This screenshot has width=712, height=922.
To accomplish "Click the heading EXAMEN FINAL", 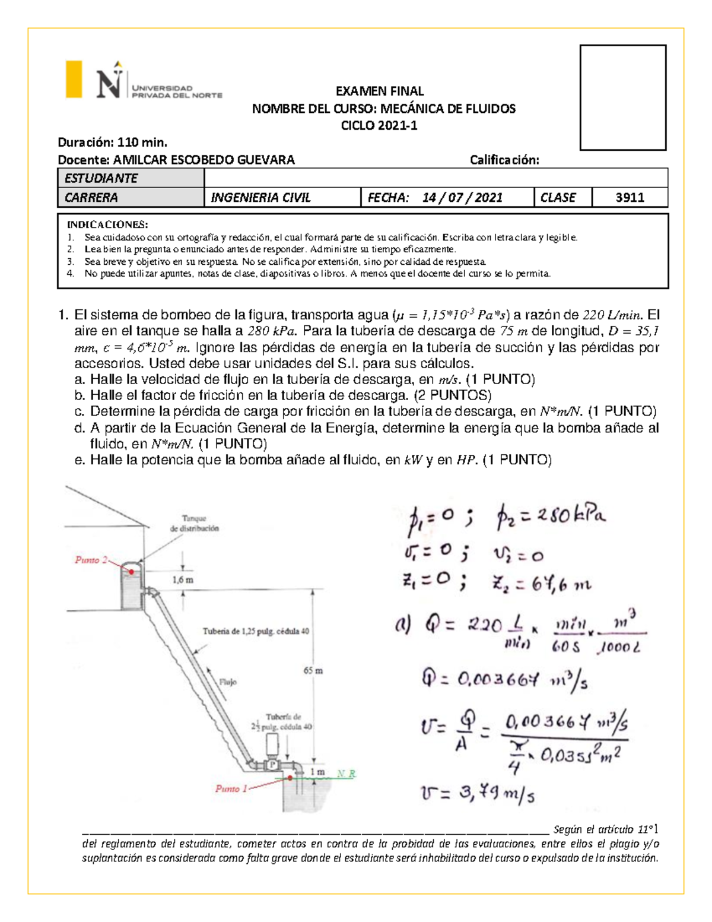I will coord(380,91).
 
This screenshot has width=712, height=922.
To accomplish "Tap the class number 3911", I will coord(630,198).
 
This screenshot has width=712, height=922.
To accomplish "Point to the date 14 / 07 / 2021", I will coord(462,198).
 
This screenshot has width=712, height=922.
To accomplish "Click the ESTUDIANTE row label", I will coord(101,178).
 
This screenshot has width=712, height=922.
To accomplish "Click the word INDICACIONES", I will coord(107,224).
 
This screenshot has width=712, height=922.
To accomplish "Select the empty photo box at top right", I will coord(622,97).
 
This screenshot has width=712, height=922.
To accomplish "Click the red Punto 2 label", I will coord(91,560).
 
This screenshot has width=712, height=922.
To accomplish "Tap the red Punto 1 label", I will coord(231,788).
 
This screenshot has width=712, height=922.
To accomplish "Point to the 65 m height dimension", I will coord(313,670).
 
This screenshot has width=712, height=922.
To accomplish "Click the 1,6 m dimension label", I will coord(183,579).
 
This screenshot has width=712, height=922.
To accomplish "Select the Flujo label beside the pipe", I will coord(228,682).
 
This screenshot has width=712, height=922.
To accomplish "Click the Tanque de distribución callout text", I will coord(194,523).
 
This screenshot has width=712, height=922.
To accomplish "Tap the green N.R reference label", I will coord(346,774).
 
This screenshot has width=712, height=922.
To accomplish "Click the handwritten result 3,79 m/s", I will coord(478,793).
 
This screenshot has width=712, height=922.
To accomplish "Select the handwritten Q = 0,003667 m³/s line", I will coord(504,679).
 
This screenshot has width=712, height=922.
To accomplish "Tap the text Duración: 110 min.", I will coord(112,142).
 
